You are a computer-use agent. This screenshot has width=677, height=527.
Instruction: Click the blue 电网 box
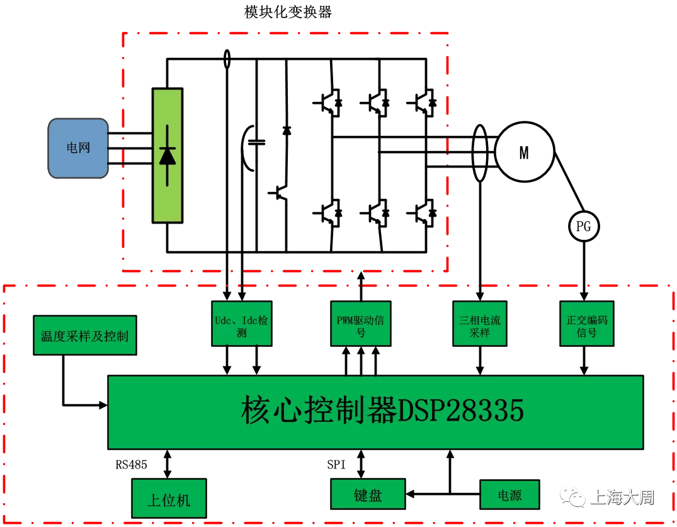click(x=78, y=148)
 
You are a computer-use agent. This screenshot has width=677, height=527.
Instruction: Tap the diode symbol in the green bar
click(x=167, y=155)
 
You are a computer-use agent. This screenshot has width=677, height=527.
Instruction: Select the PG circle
click(x=584, y=227)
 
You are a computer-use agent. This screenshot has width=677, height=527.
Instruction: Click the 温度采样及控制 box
click(x=84, y=336)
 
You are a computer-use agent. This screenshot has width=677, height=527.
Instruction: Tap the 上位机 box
click(x=169, y=500)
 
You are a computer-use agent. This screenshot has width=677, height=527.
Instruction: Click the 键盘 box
click(x=368, y=495)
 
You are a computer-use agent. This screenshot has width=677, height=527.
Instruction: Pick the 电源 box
click(x=509, y=495)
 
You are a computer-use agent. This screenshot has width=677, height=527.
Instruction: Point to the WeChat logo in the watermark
click(x=572, y=497)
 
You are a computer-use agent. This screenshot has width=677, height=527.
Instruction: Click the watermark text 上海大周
click(x=622, y=497)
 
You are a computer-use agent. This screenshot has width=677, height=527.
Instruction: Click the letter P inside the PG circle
click(x=580, y=227)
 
